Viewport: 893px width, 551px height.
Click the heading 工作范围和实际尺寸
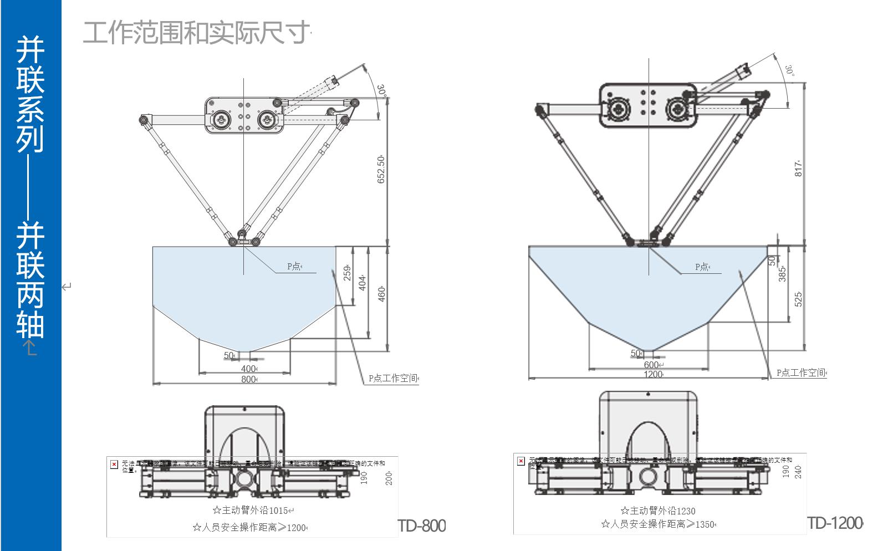click(195, 33)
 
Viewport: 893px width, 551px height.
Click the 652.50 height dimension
click(381, 169)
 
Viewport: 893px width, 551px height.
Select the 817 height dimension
click(799, 169)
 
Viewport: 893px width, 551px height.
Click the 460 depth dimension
click(381, 294)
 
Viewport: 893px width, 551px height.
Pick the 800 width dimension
click(248, 379)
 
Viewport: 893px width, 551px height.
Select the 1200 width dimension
click(653, 374)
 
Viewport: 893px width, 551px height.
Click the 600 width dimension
click(651, 365)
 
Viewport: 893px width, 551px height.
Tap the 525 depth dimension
click(799, 299)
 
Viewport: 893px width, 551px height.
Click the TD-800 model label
click(422, 526)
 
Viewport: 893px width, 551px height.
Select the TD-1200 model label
click(834, 523)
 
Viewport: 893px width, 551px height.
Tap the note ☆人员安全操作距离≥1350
click(657, 524)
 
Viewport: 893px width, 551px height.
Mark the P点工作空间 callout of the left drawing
click(393, 379)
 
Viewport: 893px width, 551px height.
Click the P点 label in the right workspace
click(702, 267)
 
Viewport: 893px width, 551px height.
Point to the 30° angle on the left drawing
click(381, 90)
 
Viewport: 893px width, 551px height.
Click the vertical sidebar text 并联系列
click(30, 94)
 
